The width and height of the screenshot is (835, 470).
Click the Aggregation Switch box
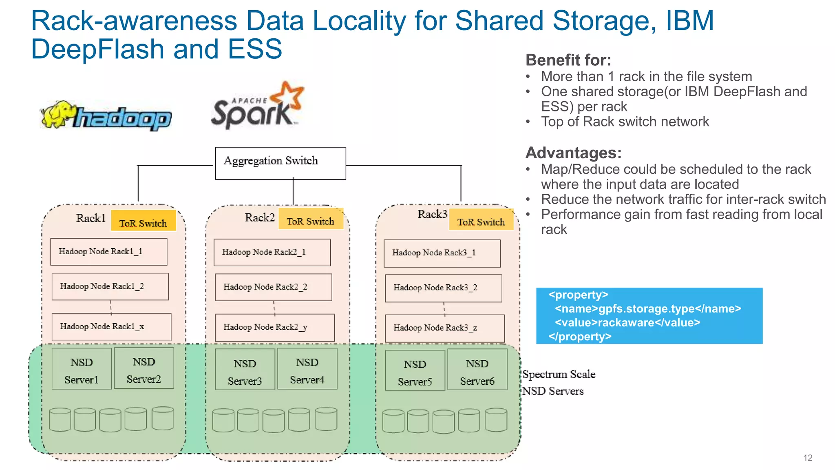tap(280, 163)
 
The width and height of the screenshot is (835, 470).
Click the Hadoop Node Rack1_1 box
tap(108, 252)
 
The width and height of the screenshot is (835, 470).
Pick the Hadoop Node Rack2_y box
tap(274, 328)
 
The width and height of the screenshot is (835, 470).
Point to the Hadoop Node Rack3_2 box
tap(443, 288)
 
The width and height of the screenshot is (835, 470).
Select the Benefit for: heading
tap(568, 60)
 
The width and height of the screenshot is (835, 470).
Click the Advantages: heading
tap(573, 153)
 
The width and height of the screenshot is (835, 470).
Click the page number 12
tap(807, 458)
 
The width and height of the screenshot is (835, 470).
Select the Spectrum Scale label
tap(559, 375)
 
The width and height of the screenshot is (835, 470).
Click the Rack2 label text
tap(260, 217)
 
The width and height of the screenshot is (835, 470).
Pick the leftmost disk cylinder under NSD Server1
tap(60, 420)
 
